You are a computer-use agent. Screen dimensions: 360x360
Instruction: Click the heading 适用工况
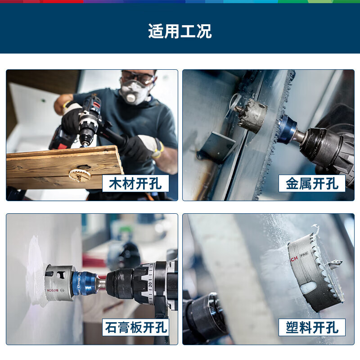[180, 31]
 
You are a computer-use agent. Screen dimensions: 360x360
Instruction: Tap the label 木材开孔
[135, 184]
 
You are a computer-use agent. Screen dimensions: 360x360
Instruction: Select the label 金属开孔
[312, 184]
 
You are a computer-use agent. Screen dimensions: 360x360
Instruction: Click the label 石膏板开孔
[136, 327]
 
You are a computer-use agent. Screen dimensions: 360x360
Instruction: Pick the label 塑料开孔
[312, 327]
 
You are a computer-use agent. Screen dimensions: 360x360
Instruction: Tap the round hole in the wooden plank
[79, 174]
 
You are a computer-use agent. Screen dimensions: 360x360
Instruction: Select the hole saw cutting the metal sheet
[252, 115]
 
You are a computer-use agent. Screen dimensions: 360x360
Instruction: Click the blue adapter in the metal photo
[286, 129]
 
